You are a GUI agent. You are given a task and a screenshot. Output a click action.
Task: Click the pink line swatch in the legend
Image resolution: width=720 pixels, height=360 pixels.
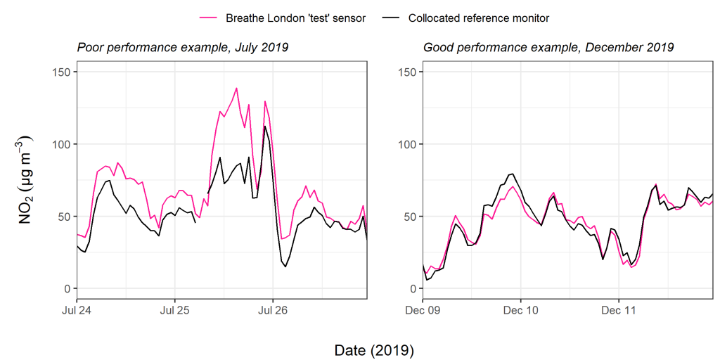click(x=208, y=18)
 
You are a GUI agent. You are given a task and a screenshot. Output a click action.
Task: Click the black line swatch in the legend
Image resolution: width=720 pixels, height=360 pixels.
click(x=390, y=18)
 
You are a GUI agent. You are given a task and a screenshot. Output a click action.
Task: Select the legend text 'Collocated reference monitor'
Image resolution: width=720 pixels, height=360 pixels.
click(x=479, y=18)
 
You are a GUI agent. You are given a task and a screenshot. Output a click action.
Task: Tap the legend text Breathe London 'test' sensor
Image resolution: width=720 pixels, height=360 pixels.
click(x=295, y=18)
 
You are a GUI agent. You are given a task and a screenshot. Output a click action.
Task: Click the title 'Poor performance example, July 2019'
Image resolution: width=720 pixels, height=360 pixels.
click(x=182, y=48)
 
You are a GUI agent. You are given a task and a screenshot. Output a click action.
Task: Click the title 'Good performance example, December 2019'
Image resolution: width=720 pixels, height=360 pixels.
click(x=548, y=48)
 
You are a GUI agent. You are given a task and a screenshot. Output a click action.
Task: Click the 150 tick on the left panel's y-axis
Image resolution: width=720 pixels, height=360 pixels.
click(x=62, y=72)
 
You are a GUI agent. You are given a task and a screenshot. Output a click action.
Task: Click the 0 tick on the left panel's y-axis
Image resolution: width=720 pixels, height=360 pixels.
click(x=67, y=289)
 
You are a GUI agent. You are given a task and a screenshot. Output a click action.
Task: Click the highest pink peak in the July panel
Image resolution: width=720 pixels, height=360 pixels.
click(x=236, y=89)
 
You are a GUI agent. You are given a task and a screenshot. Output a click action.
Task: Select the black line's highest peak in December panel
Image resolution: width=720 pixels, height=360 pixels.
click(x=513, y=174)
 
